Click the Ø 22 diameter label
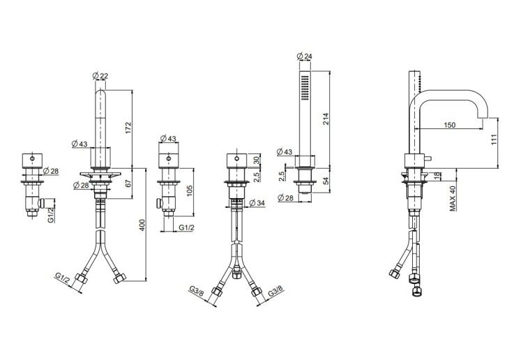[100, 76]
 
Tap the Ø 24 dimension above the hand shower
[304, 56]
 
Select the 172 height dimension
[129, 128]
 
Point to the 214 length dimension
[326, 119]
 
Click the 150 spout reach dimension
[450, 125]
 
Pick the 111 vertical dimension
[494, 139]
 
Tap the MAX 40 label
[453, 198]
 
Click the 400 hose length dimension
[142, 225]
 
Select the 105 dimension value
[190, 191]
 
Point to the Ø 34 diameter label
[257, 202]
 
